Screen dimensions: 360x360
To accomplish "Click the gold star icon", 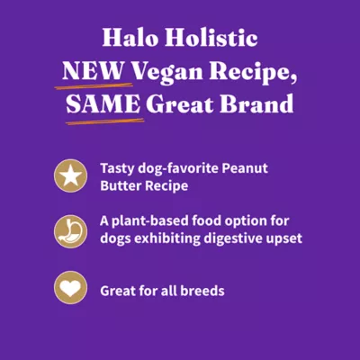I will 67,175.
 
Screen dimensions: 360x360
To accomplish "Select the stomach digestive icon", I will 67,230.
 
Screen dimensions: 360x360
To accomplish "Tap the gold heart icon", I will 67,290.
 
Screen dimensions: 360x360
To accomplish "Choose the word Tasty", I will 118,167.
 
